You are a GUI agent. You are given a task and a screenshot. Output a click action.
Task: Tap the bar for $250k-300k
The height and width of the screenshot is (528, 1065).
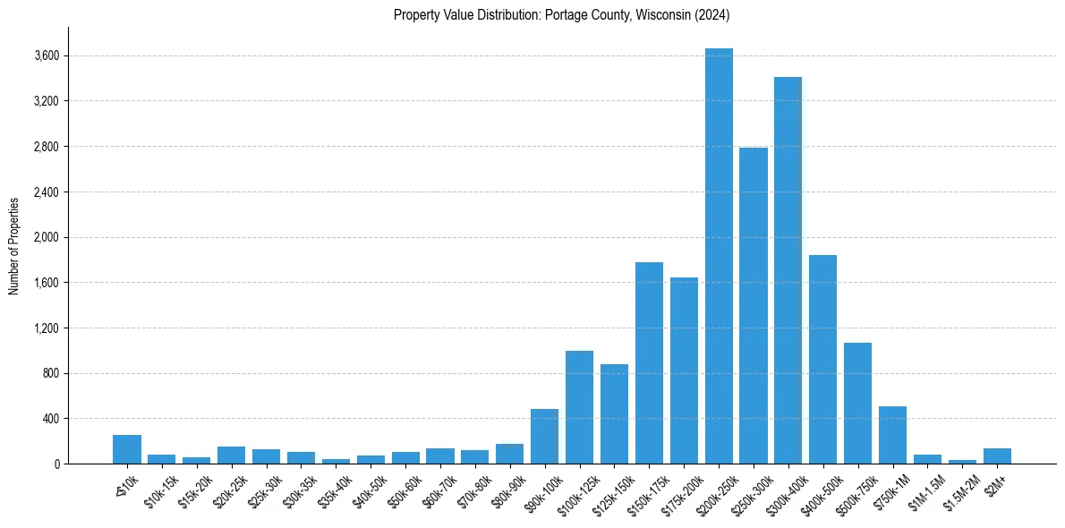(754, 305)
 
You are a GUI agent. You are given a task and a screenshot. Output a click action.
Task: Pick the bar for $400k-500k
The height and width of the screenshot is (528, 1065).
(822, 359)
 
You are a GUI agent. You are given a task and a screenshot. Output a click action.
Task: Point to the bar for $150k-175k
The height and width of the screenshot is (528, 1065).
(649, 362)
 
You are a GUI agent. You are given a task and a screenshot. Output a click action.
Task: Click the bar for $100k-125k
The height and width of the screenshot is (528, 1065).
(579, 407)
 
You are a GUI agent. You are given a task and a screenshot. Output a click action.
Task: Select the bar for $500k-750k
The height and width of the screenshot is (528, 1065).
(857, 403)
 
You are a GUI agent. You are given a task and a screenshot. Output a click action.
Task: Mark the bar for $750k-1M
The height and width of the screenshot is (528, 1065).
(892, 435)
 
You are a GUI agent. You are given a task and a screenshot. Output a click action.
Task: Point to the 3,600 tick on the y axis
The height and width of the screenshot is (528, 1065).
(47, 55)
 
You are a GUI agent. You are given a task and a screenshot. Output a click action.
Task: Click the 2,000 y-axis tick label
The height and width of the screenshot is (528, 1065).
(47, 237)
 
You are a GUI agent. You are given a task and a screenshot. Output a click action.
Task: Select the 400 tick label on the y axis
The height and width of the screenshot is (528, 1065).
(50, 419)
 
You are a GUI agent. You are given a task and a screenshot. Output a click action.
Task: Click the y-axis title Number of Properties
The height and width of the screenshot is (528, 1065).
(14, 245)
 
